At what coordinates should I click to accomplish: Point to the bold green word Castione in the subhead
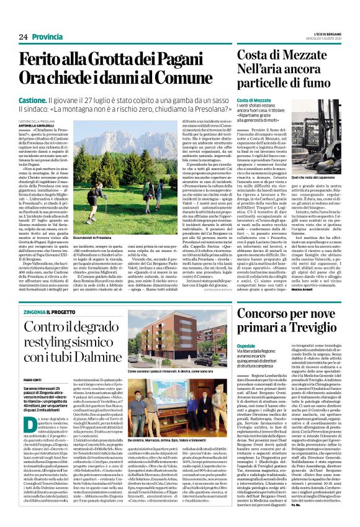(33, 99)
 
